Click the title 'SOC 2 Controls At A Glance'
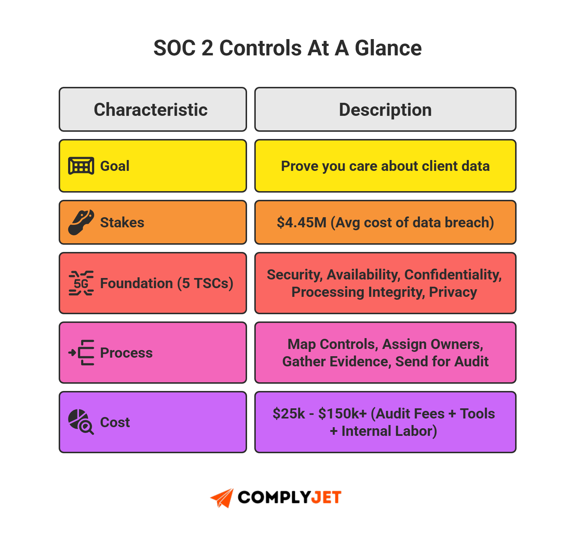point(287,48)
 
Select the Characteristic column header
point(151,110)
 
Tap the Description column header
point(385,110)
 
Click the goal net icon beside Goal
point(81,166)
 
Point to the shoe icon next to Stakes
point(81,222)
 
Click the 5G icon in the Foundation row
point(81,283)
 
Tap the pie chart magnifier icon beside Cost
point(81,422)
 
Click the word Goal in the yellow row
point(115,166)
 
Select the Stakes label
point(122,223)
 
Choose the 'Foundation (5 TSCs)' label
point(167,283)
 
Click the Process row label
point(126,353)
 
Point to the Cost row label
point(115,422)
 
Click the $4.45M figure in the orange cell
point(301,223)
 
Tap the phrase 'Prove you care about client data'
point(385,166)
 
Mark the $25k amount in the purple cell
point(289,414)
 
